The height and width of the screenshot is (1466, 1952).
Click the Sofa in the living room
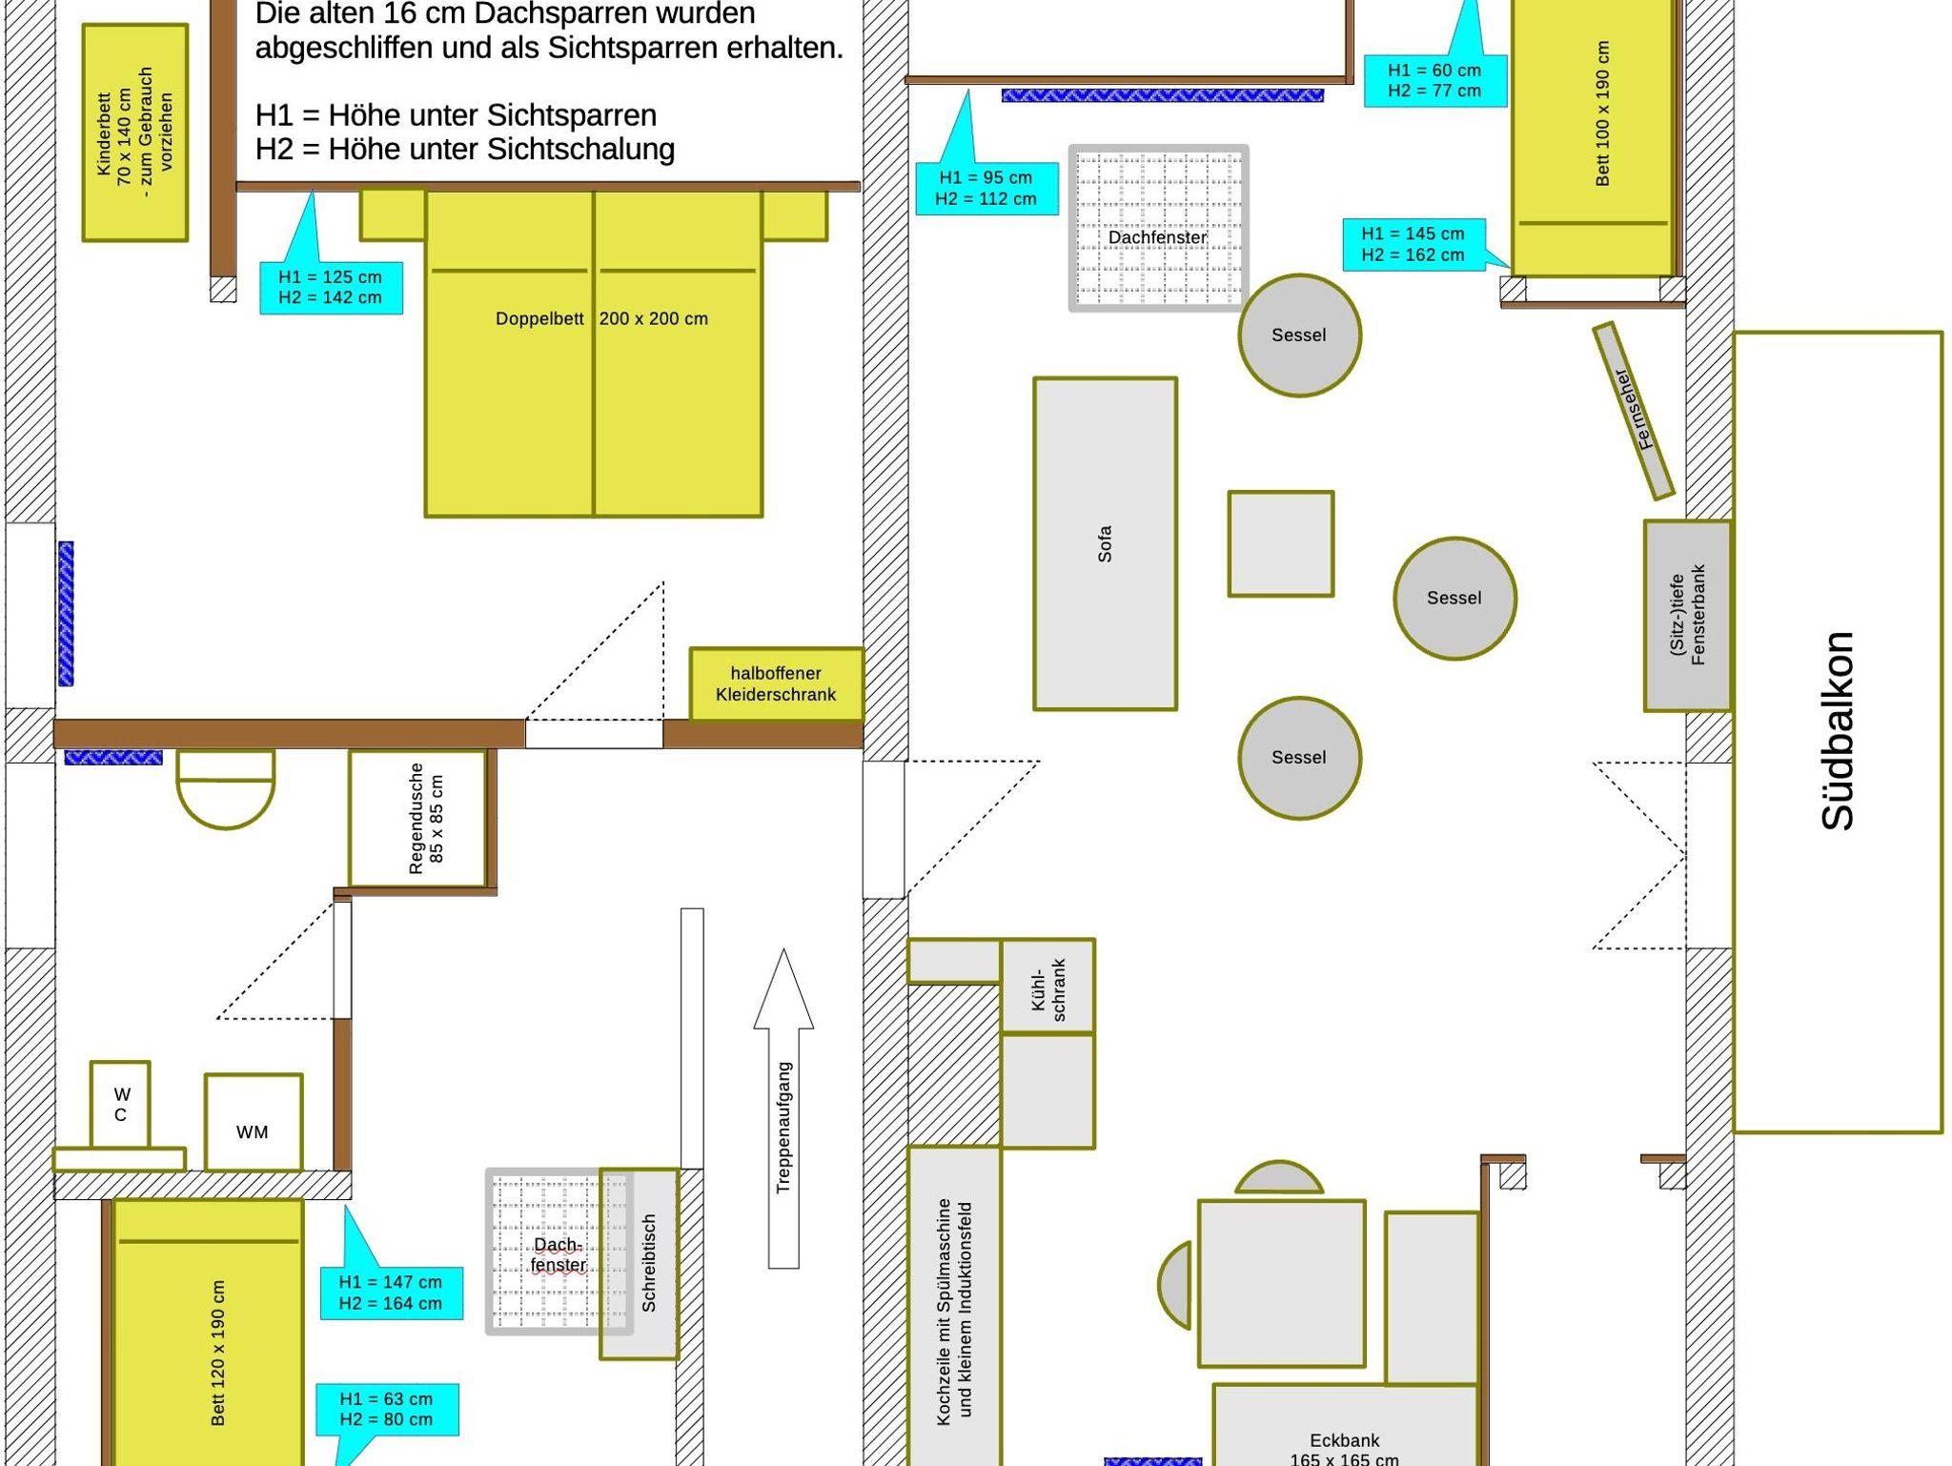pos(1105,543)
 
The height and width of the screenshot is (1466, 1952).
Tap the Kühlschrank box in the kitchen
pos(1047,986)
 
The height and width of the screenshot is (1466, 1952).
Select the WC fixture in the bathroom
pos(120,1104)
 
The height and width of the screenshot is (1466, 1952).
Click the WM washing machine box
pos(254,1123)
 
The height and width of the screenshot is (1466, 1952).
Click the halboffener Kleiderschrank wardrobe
pos(776,684)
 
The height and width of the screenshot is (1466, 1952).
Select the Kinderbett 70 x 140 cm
pos(134,132)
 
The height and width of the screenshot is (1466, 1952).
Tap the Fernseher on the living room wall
pos(1633,410)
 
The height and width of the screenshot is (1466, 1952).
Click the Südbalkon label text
pos(1837,731)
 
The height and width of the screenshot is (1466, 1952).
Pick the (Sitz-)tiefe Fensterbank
pos(1687,615)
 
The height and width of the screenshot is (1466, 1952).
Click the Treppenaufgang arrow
pos(783,1108)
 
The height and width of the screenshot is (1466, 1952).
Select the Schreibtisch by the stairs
pos(640,1263)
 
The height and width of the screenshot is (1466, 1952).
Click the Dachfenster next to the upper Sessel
pos(1158,229)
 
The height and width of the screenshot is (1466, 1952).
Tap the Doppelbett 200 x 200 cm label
pos(601,318)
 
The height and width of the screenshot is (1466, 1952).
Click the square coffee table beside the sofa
pos(1280,543)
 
